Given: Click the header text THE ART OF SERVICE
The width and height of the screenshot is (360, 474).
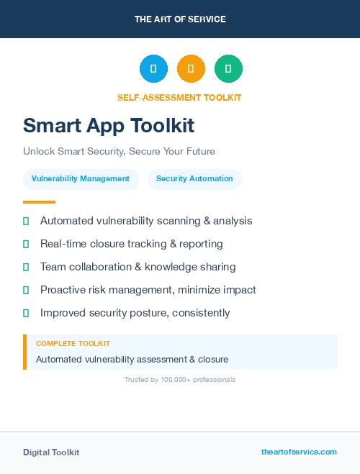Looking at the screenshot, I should pyautogui.click(x=180, y=19).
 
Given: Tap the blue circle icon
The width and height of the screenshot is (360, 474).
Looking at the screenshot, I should pyautogui.click(x=153, y=69).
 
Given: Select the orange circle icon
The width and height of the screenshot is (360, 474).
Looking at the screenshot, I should pyautogui.click(x=191, y=69).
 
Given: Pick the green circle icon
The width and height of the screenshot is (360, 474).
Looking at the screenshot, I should pyautogui.click(x=228, y=69).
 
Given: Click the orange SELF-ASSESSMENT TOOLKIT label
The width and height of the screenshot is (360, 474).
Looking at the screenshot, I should pyautogui.click(x=179, y=98).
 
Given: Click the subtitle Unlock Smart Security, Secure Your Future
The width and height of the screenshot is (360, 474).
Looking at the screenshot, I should pyautogui.click(x=119, y=152).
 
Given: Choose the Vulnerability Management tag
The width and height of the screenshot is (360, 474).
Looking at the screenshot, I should pyautogui.click(x=81, y=179).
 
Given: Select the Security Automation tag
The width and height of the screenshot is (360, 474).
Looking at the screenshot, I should pyautogui.click(x=194, y=179).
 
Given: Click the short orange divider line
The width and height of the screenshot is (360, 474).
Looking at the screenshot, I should pyautogui.click(x=39, y=202).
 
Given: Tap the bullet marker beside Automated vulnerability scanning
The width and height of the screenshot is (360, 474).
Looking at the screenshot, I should pyautogui.click(x=26, y=221).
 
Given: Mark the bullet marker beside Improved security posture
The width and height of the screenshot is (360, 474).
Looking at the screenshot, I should pyautogui.click(x=26, y=313).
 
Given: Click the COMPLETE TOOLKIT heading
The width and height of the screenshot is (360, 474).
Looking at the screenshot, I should pyautogui.click(x=73, y=344).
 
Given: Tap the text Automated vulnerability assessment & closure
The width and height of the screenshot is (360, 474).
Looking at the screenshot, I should pyautogui.click(x=132, y=359).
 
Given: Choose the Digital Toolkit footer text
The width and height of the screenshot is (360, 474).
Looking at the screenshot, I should pyautogui.click(x=51, y=452).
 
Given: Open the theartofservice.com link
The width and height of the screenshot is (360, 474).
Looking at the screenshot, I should pyautogui.click(x=299, y=452).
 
